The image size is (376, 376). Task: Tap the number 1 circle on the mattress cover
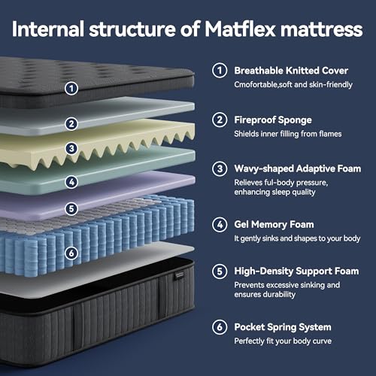[71, 88]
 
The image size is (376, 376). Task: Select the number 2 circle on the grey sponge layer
[71, 123]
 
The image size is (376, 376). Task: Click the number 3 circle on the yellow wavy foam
[71, 149]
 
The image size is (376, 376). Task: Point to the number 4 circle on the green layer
[71, 181]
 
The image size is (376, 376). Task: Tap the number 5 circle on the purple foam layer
[71, 208]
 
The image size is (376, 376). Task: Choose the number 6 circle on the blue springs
[71, 253]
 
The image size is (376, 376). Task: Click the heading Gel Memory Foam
[273, 224]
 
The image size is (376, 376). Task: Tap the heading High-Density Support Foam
[296, 271]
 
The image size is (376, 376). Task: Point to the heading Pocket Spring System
[282, 327]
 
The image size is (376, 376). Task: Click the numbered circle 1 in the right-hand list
[219, 71]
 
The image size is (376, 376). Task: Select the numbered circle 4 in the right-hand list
[219, 224]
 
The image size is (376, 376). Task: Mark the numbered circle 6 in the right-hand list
[219, 327]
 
